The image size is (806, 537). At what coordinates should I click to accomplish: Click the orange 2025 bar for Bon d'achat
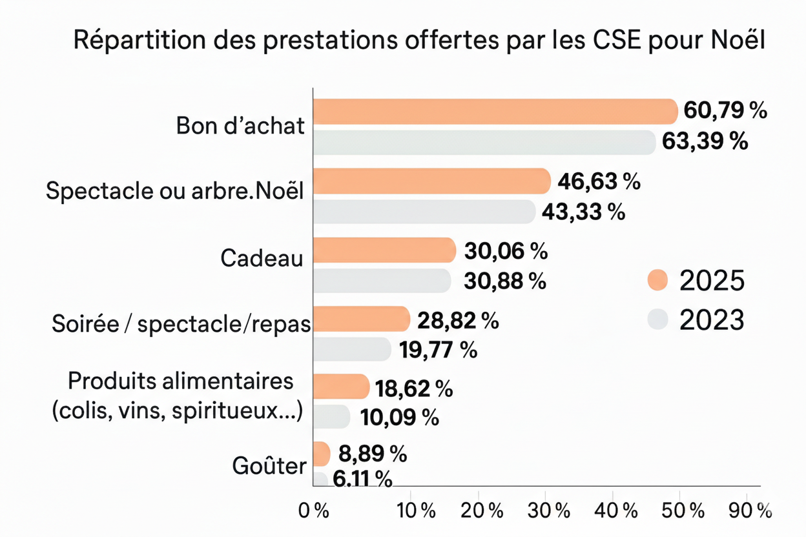[494, 112]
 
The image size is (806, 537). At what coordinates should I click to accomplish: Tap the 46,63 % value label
[599, 182]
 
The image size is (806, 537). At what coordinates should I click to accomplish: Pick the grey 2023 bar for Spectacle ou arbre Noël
[423, 211]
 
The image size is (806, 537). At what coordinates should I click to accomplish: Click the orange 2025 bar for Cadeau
[384, 250]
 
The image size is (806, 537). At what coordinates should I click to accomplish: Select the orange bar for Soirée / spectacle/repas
[361, 319]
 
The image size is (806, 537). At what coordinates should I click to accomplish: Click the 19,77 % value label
[438, 350]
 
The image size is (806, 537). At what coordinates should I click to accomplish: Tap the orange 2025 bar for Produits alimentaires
[340, 387]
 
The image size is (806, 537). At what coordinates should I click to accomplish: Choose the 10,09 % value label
[400, 418]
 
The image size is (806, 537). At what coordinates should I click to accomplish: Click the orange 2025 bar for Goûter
[322, 454]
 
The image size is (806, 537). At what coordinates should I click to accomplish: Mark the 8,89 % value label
[373, 454]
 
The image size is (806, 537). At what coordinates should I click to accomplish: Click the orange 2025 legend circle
[657, 280]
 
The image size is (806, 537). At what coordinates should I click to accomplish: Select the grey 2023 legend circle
[657, 319]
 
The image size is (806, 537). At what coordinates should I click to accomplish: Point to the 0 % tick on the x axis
[314, 511]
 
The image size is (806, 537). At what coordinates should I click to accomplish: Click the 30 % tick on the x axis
[549, 511]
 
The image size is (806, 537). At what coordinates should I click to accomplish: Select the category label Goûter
[268, 466]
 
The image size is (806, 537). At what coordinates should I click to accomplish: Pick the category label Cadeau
[262, 258]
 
